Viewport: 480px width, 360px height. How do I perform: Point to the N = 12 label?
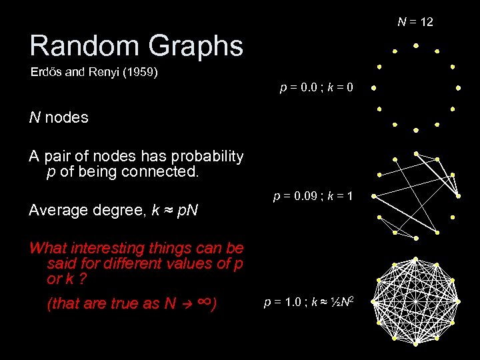tap(415, 22)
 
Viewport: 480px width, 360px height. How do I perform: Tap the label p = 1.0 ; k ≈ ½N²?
tap(309, 302)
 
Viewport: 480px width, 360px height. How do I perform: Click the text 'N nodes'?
tap(59, 118)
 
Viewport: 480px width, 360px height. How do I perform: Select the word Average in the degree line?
tap(57, 211)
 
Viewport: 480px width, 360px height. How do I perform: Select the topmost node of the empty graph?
tap(416, 46)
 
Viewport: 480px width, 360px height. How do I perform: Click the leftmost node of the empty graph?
tap(374, 87)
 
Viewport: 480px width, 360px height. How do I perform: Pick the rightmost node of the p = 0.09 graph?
tap(459, 196)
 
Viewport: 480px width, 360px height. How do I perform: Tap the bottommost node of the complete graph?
tap(415, 344)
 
